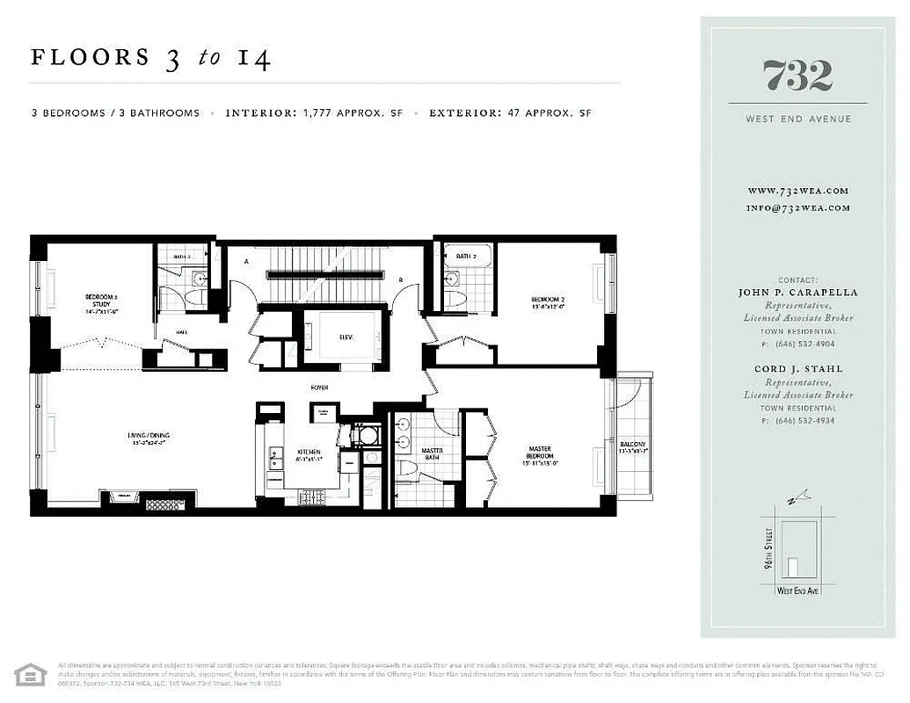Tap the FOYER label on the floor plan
[318, 386]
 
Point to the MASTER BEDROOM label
[540, 454]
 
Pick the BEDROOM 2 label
[547, 303]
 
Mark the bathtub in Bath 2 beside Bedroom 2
[466, 257]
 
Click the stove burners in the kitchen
[313, 498]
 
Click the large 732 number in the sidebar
[797, 76]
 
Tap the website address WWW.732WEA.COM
[797, 191]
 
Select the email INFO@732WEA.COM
[797, 208]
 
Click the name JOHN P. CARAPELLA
[797, 293]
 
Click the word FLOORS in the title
[91, 59]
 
